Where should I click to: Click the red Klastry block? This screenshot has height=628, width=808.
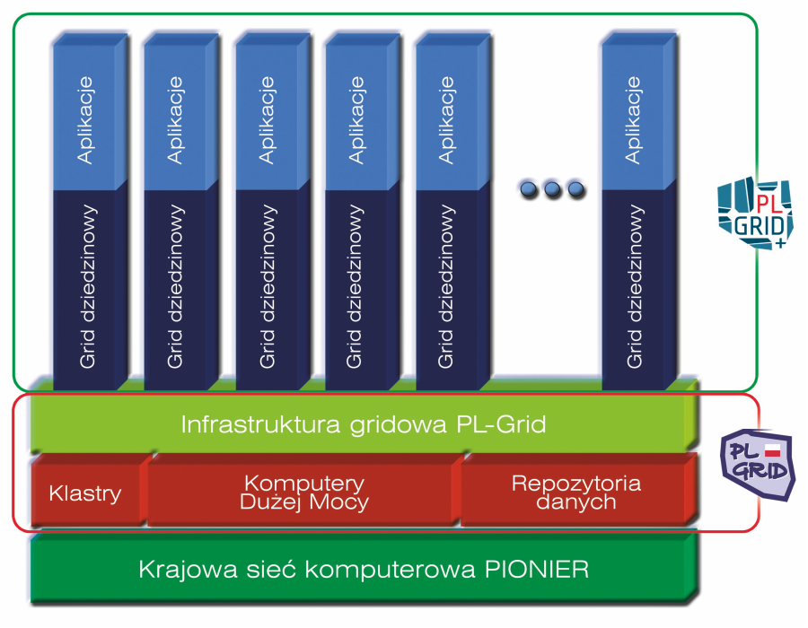coord(85,493)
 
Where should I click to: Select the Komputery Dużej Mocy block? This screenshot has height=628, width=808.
coord(303,493)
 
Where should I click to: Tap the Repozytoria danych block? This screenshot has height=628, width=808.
coord(575,493)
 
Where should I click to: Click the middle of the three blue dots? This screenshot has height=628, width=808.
coord(551,189)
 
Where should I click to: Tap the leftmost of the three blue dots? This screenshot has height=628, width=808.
coord(529,189)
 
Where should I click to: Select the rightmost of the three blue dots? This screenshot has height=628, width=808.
coord(575,189)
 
